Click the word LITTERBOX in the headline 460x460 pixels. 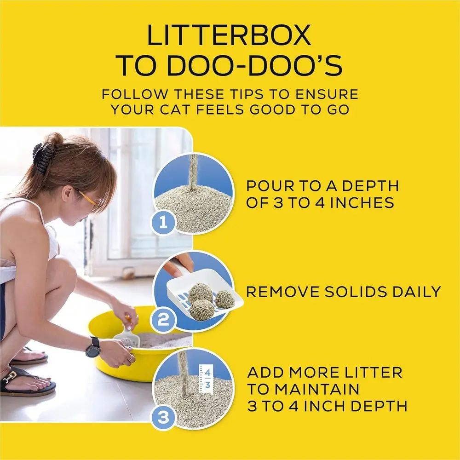(229, 35)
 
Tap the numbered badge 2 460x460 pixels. (163, 320)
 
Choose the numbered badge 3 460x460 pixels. (163, 417)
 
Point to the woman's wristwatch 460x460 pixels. (93, 347)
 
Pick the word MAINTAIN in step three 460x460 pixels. (303, 389)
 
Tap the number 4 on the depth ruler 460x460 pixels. (208, 373)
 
